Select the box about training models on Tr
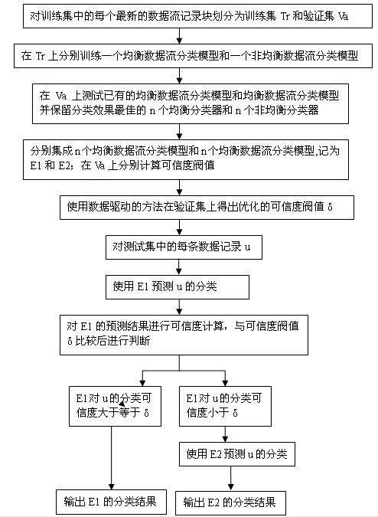click(193, 56)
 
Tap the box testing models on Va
click(191, 103)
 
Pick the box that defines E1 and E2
click(186, 159)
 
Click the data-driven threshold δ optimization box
click(207, 208)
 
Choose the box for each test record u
click(184, 247)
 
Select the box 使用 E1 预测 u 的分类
click(178, 287)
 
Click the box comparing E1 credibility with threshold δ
click(184, 335)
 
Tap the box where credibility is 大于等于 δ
click(115, 406)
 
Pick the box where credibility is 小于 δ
click(225, 406)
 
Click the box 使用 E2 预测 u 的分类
click(236, 454)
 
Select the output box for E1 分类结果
click(111, 502)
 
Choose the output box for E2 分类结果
click(230, 503)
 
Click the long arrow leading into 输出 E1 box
click(111, 458)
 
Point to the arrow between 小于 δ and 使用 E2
click(225, 434)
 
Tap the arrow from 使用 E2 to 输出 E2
click(230, 479)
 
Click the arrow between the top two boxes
click(180, 36)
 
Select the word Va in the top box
click(343, 16)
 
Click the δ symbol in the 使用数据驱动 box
click(331, 208)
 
